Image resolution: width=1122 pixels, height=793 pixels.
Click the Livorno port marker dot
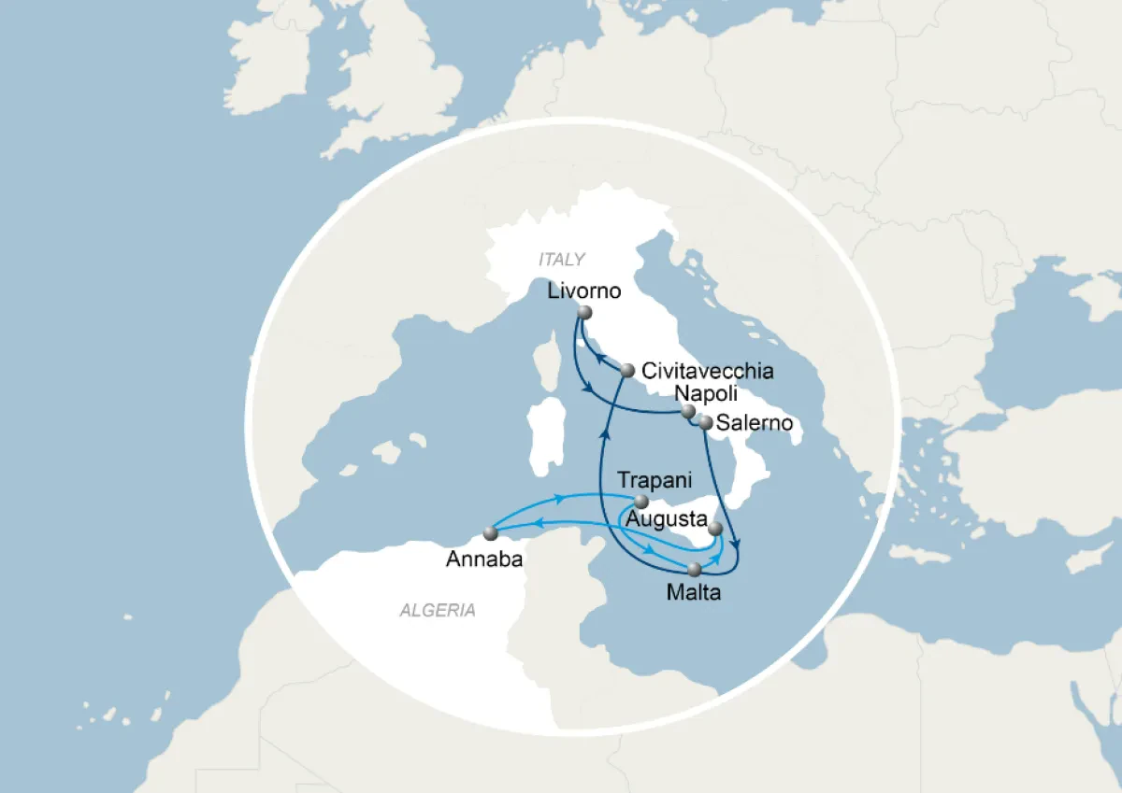tap(585, 313)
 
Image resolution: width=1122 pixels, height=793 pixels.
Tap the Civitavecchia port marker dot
tap(628, 373)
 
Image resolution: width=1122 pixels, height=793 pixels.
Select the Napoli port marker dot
tap(687, 411)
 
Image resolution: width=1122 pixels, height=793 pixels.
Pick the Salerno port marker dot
tap(706, 423)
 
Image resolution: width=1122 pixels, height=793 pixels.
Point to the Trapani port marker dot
tap(641, 502)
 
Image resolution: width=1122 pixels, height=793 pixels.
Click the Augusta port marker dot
tap(715, 530)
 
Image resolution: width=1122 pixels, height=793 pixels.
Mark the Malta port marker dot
tap(694, 568)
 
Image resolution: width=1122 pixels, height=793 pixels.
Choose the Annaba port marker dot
tap(490, 533)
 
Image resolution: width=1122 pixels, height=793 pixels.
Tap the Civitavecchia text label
tap(707, 371)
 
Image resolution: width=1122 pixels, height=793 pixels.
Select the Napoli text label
tap(702, 394)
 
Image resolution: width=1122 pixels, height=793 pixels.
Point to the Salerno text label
tap(755, 423)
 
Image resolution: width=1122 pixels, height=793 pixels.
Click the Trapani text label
tap(654, 480)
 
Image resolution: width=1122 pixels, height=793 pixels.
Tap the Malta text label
tap(695, 591)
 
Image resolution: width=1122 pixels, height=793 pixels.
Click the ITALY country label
tap(561, 259)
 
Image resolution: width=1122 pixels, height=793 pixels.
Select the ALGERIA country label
tap(438, 611)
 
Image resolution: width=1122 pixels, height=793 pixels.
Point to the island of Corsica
tap(550, 368)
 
